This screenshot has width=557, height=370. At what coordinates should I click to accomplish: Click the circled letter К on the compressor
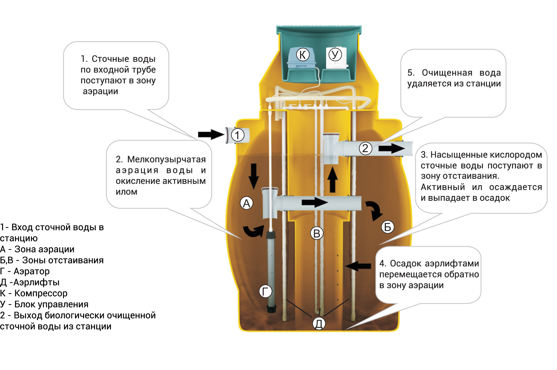pos(303,54)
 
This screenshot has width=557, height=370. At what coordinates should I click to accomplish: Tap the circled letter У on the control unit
pos(335,55)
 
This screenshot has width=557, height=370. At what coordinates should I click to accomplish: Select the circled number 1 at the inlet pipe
pos(238,135)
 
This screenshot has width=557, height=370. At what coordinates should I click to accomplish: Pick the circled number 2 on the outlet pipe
pos(365,148)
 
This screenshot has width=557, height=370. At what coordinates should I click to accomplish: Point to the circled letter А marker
pos(247,203)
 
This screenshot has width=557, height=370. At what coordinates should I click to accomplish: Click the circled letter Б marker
pos(388,227)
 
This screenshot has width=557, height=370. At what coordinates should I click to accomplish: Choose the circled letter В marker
pos(317,233)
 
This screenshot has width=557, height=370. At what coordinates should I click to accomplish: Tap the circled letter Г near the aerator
pos(265,291)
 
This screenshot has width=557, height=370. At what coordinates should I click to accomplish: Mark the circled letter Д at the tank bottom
pos(319,323)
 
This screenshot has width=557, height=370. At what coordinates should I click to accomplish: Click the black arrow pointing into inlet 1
pos(211,134)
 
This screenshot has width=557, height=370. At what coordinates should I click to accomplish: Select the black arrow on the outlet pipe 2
pos(392,149)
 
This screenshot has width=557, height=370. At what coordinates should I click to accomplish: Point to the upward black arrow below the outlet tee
pos(333,179)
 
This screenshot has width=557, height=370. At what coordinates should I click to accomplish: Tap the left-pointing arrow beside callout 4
pos(358,266)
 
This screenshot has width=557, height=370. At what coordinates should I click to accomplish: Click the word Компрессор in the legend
pos(41,293)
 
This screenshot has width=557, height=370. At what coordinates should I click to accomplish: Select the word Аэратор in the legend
pos(31,271)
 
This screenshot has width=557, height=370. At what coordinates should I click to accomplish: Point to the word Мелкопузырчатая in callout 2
pos(166,160)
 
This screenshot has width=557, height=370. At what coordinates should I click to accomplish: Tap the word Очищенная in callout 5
pos(447,73)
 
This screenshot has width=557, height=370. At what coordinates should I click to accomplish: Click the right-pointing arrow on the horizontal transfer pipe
pos(315,202)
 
